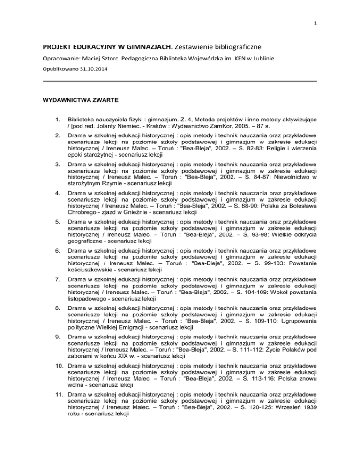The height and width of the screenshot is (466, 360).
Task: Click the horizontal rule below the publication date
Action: (x=180, y=81)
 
